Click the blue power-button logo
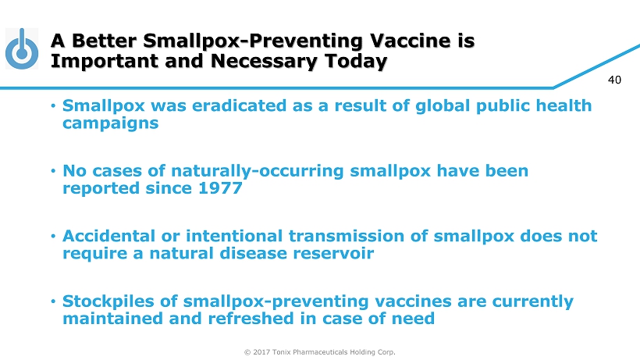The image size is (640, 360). point(22,48)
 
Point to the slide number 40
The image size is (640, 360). point(614,80)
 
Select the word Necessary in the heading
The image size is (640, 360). point(264,61)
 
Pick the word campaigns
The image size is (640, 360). point(110,123)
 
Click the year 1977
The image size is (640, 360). point(220,188)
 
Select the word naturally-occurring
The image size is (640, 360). point(257,171)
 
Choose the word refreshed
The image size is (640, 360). point(251,319)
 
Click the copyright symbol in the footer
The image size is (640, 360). point(247,352)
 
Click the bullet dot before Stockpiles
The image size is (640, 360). point(53,301)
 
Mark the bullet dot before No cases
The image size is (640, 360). point(53,171)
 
